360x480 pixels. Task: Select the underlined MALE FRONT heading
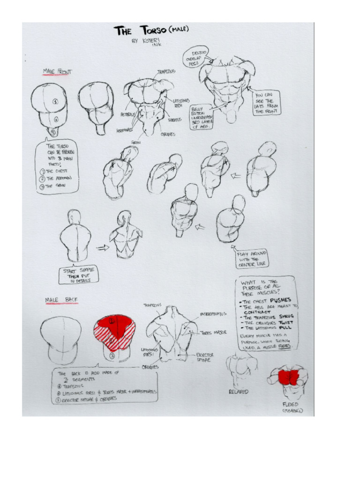57,72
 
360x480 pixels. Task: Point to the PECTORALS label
128,114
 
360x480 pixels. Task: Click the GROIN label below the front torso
136,142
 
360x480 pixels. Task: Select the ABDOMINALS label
125,129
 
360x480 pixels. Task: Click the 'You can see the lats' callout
266,103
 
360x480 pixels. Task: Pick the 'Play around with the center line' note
252,259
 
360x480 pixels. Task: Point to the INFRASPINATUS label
214,314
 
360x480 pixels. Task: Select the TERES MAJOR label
214,333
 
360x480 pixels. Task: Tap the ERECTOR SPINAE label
205,358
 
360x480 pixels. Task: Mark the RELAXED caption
239,391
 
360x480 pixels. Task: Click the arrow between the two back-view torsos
102,247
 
